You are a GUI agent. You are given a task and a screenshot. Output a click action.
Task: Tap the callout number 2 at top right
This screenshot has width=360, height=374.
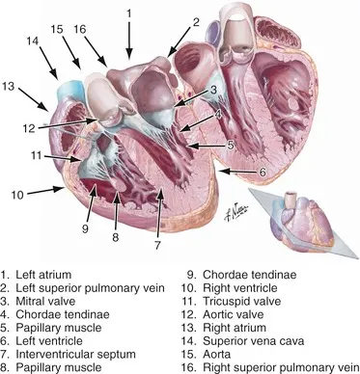click(x=195, y=21)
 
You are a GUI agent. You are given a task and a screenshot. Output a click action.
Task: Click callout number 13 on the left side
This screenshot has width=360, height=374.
click(x=10, y=87)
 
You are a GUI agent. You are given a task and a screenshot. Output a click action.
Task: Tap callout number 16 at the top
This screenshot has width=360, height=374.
click(x=83, y=29)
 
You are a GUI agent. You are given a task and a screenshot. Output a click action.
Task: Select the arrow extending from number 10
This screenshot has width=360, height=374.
click(x=42, y=192)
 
